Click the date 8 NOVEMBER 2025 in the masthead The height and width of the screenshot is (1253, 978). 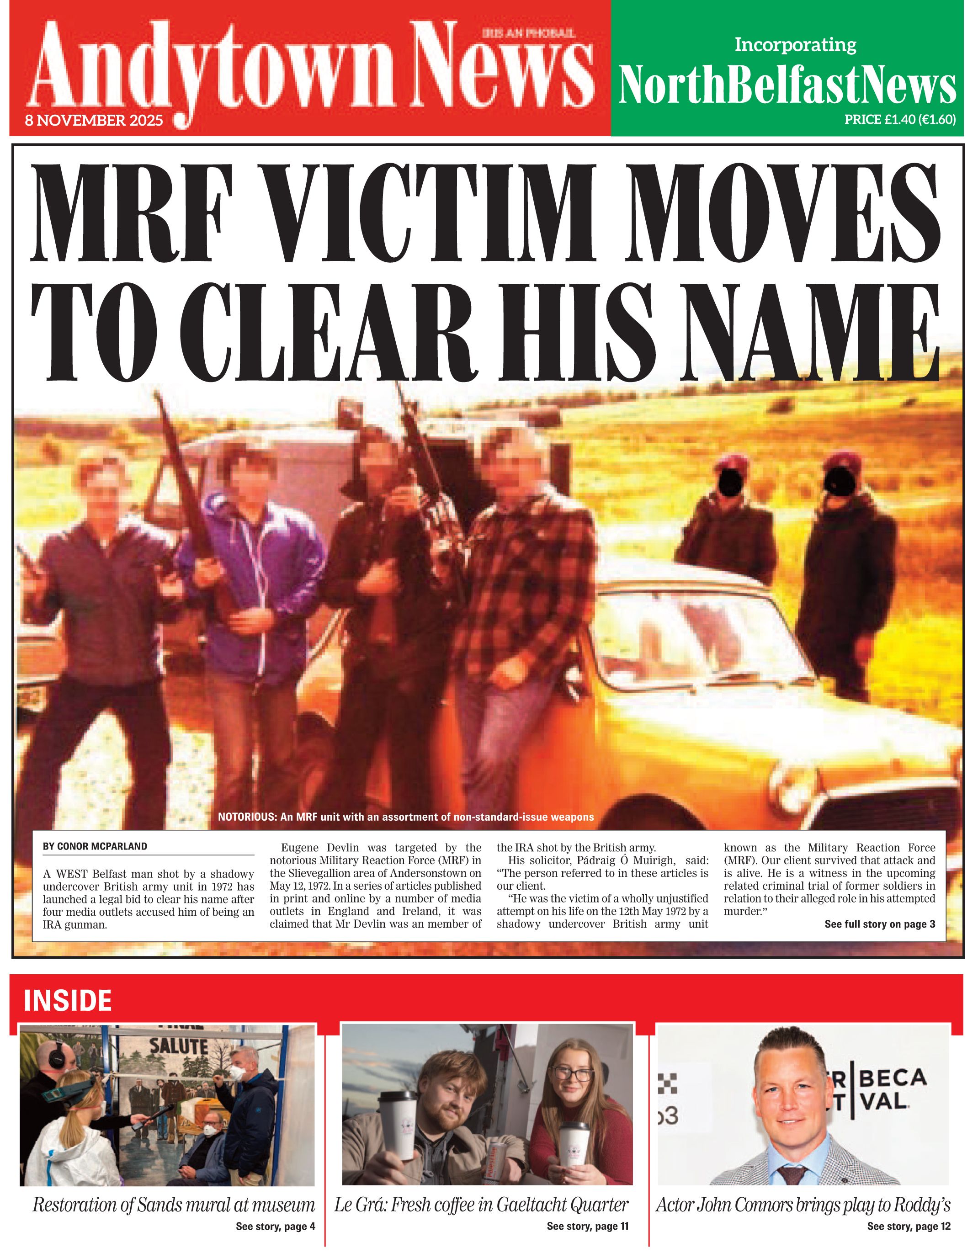(x=94, y=121)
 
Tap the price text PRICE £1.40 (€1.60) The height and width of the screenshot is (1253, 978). (x=899, y=119)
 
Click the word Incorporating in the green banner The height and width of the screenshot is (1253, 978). (x=795, y=45)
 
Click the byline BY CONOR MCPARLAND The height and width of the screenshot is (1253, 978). (x=95, y=846)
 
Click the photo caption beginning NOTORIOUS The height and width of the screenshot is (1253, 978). (x=405, y=817)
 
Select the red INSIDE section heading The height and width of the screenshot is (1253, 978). (x=68, y=1001)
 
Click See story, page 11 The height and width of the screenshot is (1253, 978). (x=587, y=1226)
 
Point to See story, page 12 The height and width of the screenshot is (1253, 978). (x=909, y=1226)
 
